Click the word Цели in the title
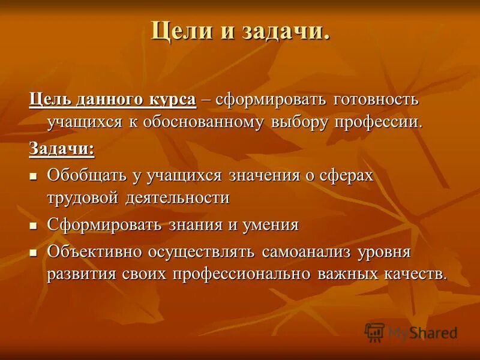176,30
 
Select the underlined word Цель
51,100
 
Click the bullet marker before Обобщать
34,176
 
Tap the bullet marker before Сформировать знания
34,226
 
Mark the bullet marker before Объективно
34,252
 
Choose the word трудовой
83,198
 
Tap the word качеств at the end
413,274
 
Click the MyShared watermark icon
374,332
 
